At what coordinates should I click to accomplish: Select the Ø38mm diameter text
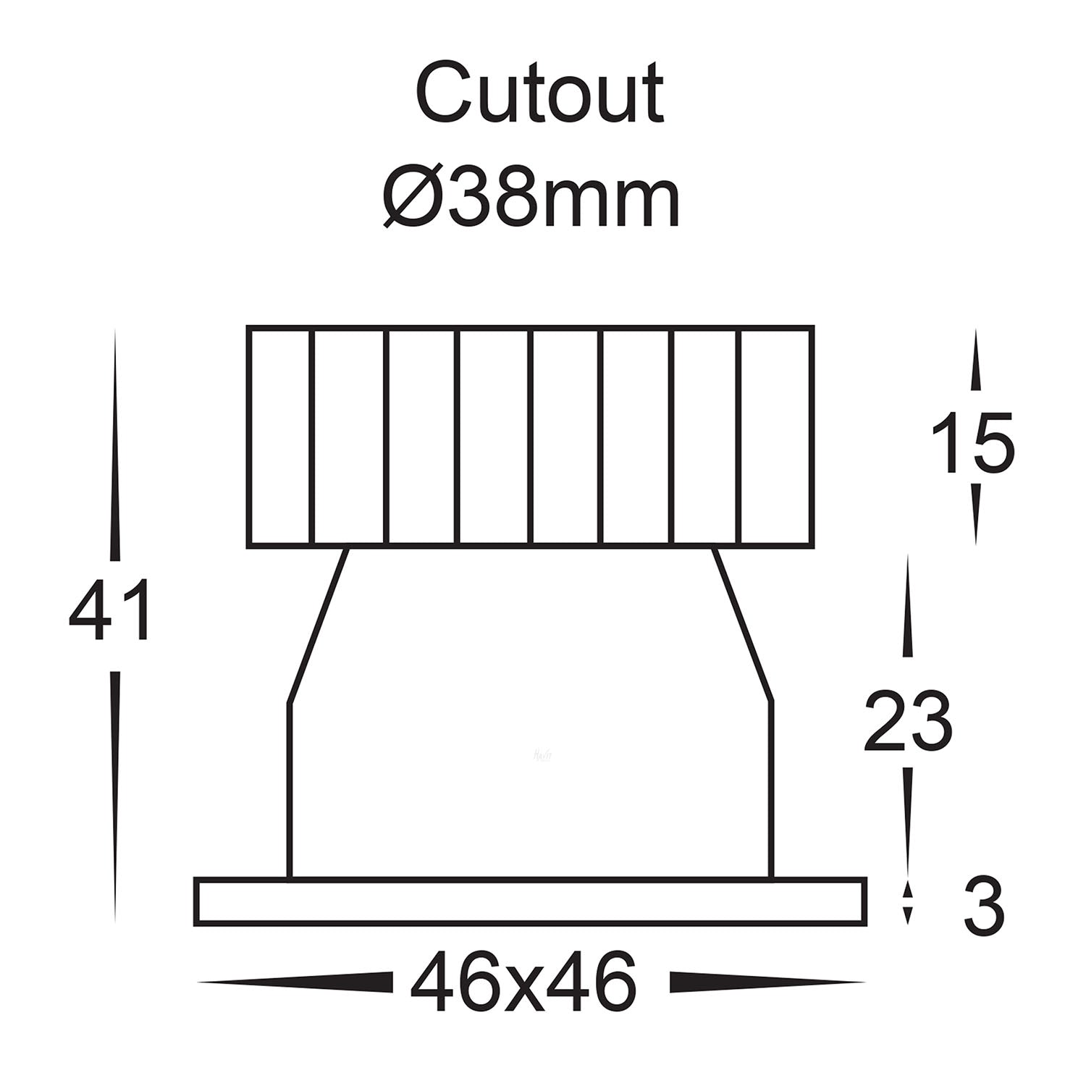coord(531,196)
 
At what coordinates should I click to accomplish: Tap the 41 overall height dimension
coord(110,610)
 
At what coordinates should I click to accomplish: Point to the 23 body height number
coord(907,720)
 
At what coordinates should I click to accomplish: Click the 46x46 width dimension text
coord(523,983)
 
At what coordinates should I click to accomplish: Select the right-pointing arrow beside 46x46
coord(767,982)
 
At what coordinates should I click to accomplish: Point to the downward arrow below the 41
coord(115,796)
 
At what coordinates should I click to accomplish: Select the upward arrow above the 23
coord(908,608)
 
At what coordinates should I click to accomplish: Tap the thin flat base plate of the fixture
coord(531,901)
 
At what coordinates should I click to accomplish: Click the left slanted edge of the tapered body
coord(319,626)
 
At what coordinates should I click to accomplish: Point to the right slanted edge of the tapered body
coord(744,626)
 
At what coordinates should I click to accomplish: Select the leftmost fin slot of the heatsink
coord(280,437)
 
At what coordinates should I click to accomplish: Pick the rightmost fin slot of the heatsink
coord(775,437)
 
